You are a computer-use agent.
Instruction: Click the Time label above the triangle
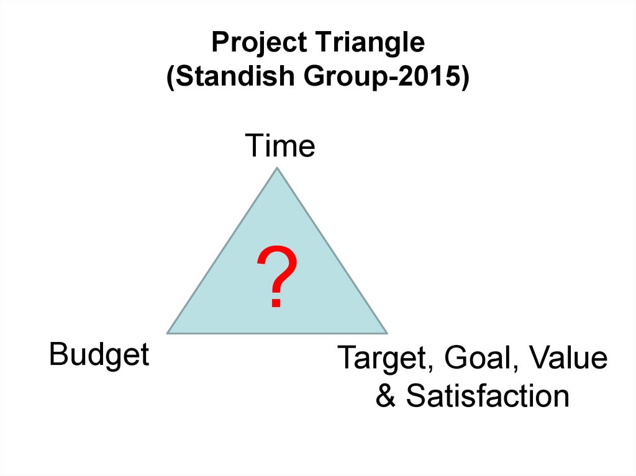pos(280,146)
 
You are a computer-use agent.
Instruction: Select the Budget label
pos(99,356)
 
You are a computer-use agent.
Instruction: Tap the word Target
pos(378,359)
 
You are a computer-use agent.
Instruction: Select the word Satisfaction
pos(488,397)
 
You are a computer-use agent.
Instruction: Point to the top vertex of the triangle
pos(278,168)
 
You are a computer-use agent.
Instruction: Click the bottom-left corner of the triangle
pos(168,333)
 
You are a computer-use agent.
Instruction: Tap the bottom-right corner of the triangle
pos(387,333)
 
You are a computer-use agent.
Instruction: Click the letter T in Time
pos(254,146)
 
